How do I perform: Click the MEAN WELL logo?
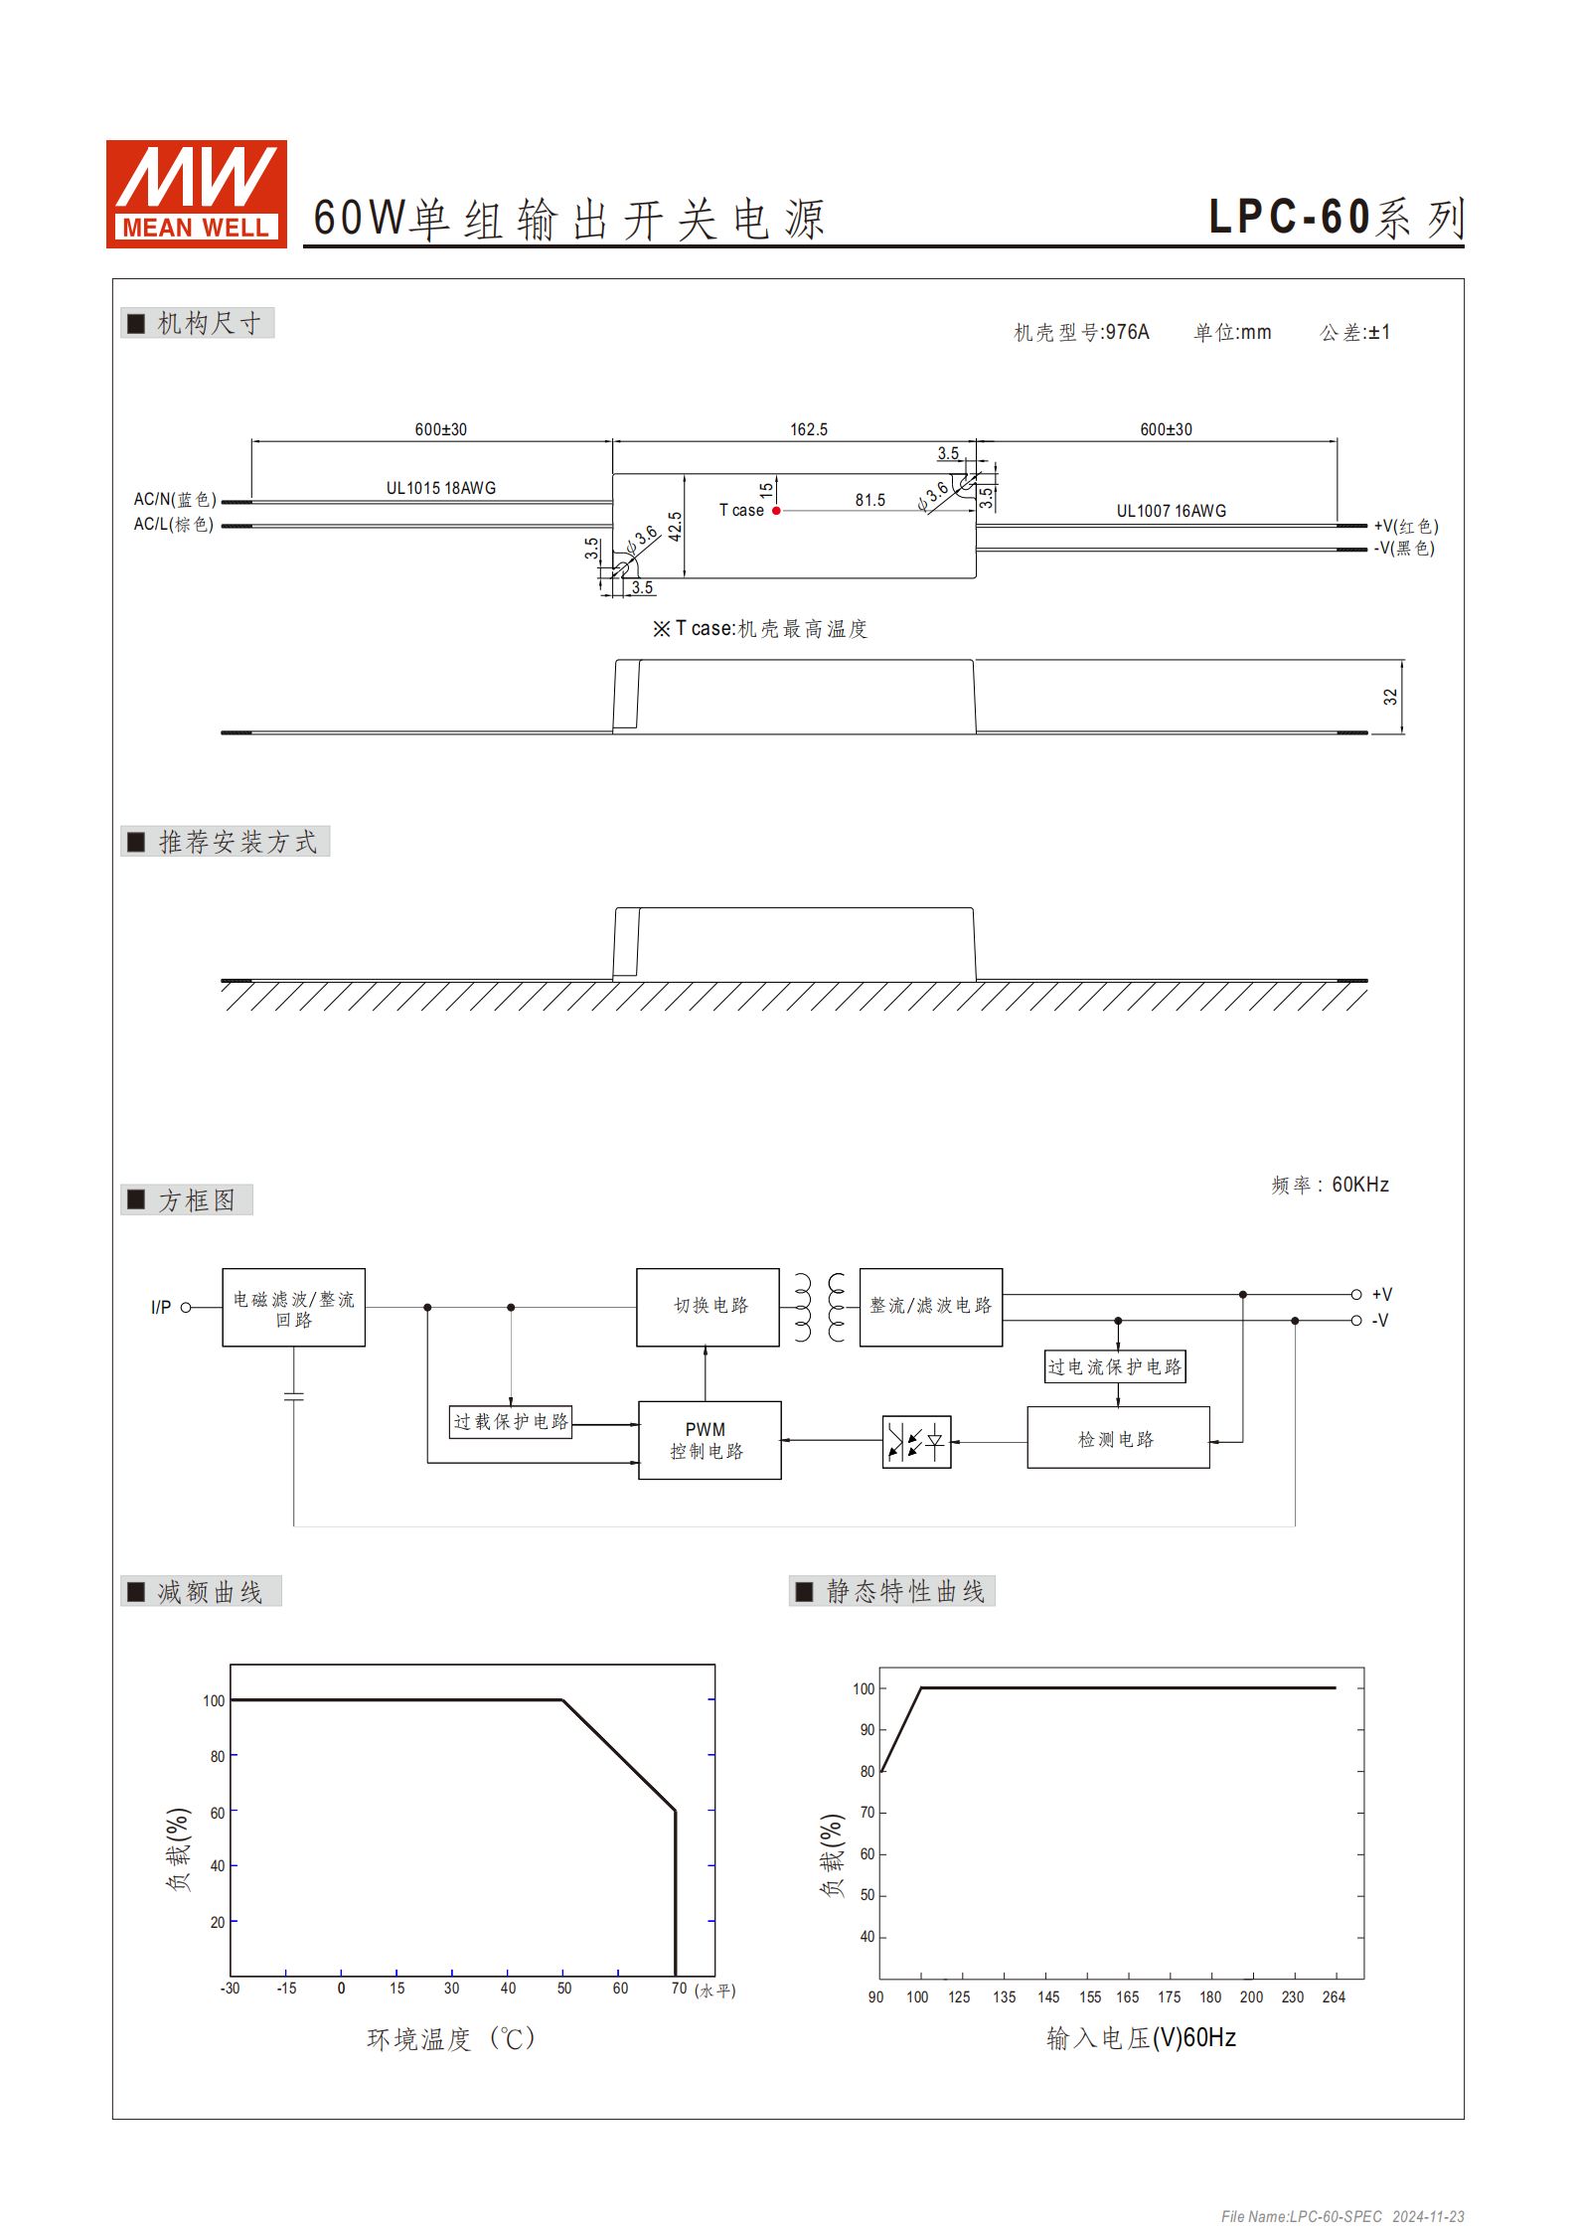click(197, 194)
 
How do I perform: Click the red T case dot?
click(776, 511)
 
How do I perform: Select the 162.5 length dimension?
click(808, 429)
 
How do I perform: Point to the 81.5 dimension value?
click(869, 500)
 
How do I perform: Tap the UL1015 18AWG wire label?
click(440, 488)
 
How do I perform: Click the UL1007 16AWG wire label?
click(1171, 511)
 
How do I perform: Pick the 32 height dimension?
click(1390, 697)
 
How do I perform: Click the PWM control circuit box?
click(709, 1440)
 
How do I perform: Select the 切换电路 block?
click(708, 1306)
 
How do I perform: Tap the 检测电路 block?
click(1118, 1438)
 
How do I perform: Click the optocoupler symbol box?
click(916, 1441)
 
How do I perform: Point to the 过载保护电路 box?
click(511, 1421)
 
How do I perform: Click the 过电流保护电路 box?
click(1115, 1366)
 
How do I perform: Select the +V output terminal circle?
click(1355, 1294)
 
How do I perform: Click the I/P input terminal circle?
click(186, 1307)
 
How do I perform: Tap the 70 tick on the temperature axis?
click(679, 1988)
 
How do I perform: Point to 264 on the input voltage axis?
click(1334, 1996)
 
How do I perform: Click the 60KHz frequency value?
click(1359, 1185)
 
